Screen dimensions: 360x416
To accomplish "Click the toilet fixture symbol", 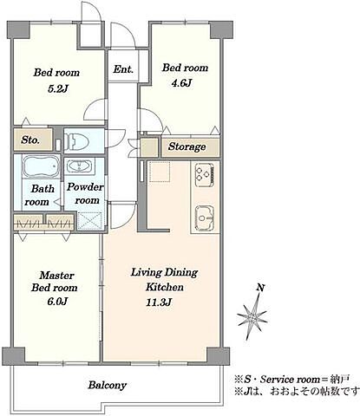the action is [76, 140].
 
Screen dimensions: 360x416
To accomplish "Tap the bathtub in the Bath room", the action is [41, 166].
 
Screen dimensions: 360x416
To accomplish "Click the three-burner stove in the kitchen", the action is [205, 175].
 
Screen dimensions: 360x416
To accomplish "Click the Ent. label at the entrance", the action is [123, 69].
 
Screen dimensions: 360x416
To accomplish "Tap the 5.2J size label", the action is [58, 88].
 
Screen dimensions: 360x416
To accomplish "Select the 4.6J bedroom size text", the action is [181, 83].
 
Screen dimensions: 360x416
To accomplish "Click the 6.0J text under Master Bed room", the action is [57, 302].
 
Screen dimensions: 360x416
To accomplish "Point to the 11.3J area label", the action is [160, 302].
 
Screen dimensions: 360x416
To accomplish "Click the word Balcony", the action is [108, 385].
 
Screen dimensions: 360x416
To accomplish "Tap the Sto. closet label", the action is [30, 140].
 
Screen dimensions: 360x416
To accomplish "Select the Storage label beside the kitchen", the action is [187, 146].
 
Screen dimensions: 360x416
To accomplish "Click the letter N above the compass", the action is [261, 288].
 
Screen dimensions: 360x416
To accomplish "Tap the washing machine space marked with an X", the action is [90, 221].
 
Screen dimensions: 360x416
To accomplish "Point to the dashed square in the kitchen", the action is [159, 172].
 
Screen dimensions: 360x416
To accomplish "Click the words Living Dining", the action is [164, 273].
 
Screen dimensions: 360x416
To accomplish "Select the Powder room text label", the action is [85, 193].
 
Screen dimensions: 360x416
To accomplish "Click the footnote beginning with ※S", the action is [292, 379].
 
